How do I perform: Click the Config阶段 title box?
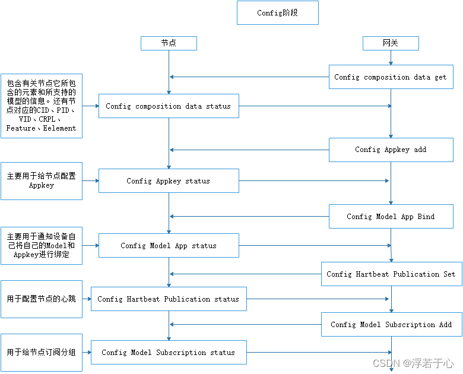coord(277,13)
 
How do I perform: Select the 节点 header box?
coord(169,43)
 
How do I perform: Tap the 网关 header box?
coord(391,43)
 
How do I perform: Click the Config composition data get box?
coord(390,77)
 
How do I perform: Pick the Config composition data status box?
coord(169,106)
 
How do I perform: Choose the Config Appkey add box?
coord(391,150)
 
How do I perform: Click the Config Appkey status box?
coord(169,181)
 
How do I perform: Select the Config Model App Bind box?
coord(391,217)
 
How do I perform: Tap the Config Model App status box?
coord(169,246)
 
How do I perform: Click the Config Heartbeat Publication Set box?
coord(391,274)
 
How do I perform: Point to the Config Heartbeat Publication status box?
coord(169,299)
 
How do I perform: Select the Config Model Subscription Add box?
coord(391,325)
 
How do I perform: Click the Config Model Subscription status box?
coord(169,353)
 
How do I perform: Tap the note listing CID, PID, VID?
coord(42,106)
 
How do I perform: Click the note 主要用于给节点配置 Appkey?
coord(42,181)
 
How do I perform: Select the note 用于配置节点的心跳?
coord(42,299)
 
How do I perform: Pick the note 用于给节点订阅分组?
coord(42,353)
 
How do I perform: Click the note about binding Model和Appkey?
coord(42,246)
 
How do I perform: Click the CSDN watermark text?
coord(413,363)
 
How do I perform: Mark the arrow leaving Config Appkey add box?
coord(249,150)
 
